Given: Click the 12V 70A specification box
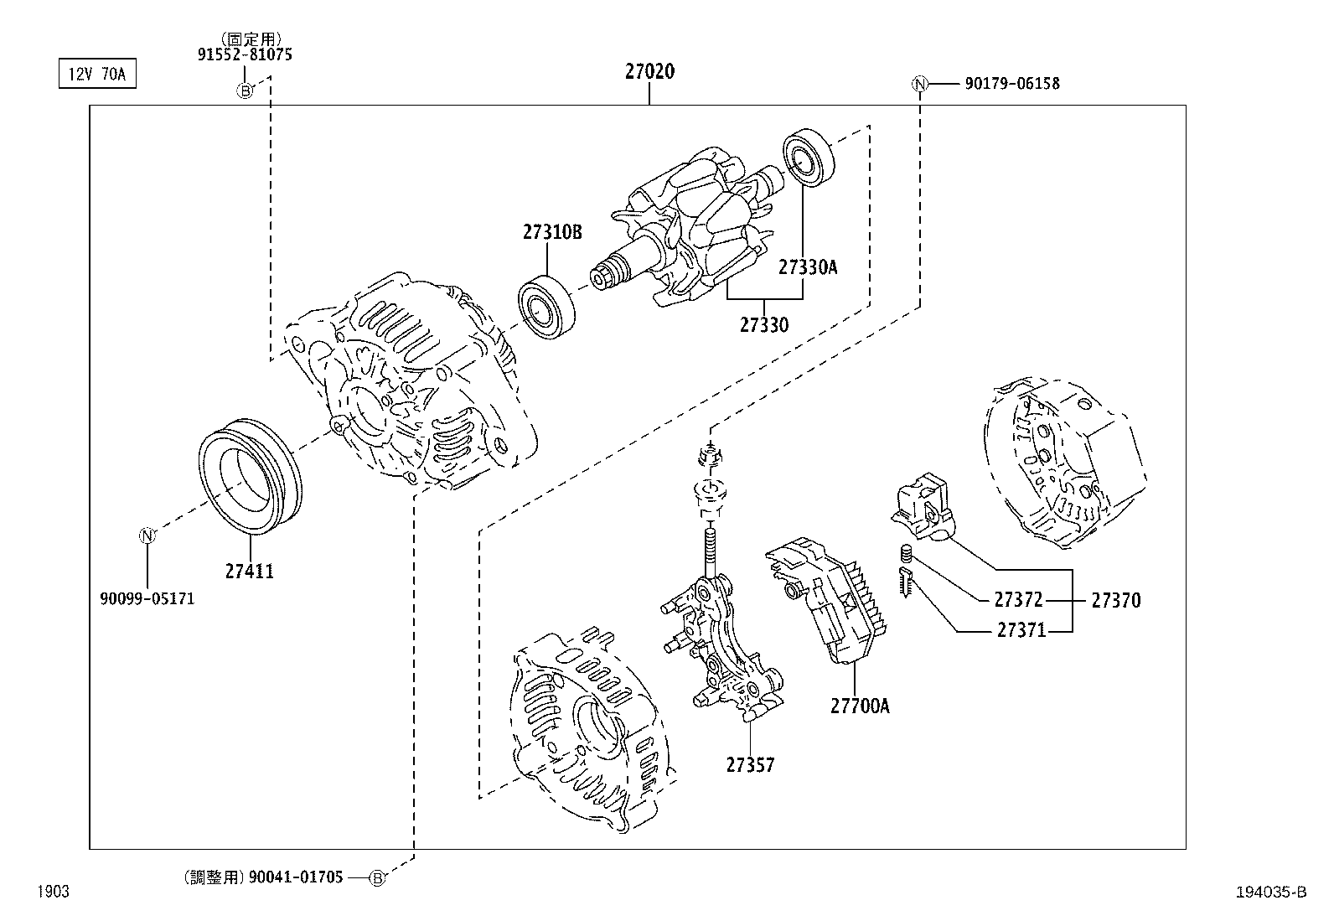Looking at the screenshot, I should point(96,74).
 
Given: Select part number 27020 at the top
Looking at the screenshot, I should point(649,72).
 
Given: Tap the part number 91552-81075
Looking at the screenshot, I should point(245,54).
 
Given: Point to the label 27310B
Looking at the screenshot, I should point(551,232).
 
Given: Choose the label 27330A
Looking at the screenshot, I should point(807,267).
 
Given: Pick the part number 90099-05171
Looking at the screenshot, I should point(147,599).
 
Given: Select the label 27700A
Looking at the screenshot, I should point(860,706).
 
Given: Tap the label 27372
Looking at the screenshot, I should point(1018,600).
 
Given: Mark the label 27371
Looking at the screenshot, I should point(1021,630).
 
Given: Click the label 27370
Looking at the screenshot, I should point(1115,600).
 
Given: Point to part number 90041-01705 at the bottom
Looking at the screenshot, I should point(296,877).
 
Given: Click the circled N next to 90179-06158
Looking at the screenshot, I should point(920,84).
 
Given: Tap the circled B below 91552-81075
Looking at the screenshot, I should point(245,91).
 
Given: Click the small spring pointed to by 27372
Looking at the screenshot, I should point(905,554).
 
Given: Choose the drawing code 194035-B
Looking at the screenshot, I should point(1270,892).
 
